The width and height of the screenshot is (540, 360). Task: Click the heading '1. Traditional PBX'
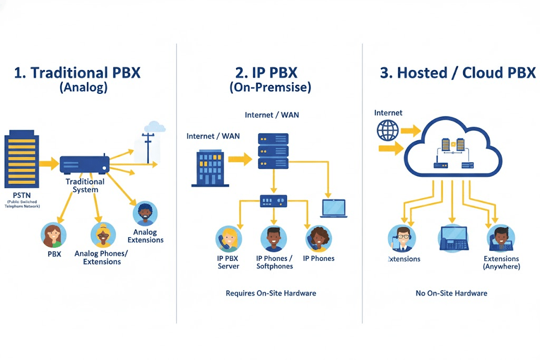point(78,72)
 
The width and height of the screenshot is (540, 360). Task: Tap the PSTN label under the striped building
point(22,195)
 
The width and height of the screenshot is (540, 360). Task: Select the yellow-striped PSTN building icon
point(22,161)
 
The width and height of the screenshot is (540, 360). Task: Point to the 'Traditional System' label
point(85,186)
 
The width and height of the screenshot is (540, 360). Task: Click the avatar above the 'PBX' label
point(54,235)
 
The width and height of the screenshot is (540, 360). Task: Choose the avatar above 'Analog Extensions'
point(145,214)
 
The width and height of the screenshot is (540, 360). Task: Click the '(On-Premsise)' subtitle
point(270,87)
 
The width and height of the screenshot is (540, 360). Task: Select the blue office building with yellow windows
point(210,168)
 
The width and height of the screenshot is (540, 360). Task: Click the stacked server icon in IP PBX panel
point(273,151)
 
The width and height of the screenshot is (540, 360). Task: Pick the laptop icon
point(333,208)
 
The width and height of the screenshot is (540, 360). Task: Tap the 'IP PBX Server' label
point(228,262)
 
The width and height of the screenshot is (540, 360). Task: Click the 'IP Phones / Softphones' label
point(274,262)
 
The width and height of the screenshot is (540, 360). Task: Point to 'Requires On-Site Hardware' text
point(271,293)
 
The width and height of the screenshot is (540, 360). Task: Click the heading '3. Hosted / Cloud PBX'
point(457,73)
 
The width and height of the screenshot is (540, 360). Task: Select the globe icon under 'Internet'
point(388,129)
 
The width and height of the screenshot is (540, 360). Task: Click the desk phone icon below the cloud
point(453,238)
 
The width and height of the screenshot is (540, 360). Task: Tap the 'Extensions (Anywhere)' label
point(501,262)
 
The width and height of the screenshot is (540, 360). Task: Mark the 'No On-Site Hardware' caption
point(451,293)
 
